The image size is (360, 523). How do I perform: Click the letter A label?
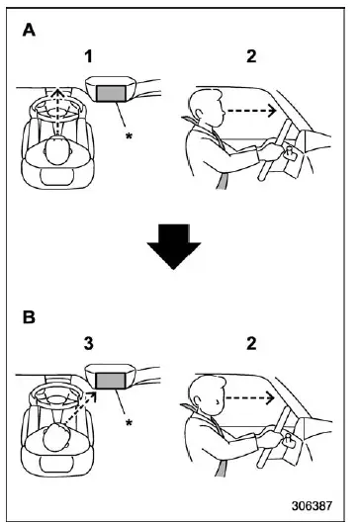point(29,31)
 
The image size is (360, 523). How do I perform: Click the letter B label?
point(29,317)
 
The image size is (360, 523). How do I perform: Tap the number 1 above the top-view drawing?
point(88,56)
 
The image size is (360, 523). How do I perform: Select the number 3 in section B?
point(88,343)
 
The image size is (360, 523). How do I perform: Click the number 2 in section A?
point(251,56)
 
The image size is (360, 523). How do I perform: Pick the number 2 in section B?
point(251,343)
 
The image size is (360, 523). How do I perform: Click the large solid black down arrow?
point(174,246)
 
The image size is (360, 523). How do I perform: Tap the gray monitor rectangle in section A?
point(111,93)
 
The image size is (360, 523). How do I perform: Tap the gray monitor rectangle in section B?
point(111,381)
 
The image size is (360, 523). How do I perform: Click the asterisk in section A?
point(129,135)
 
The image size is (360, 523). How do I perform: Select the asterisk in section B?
point(129,423)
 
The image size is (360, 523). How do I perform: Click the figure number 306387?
point(312,506)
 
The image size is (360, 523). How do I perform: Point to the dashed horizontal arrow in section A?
point(251,111)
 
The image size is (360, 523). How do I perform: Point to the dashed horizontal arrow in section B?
point(250,397)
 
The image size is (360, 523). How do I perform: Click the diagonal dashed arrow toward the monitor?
point(80,408)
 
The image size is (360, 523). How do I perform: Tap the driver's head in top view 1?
point(58,150)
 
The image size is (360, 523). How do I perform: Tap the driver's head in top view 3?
point(56,436)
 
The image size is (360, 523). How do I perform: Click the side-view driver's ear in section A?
point(199,113)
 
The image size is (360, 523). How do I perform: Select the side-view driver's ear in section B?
point(198,400)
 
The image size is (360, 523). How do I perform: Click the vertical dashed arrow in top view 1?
point(58,112)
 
